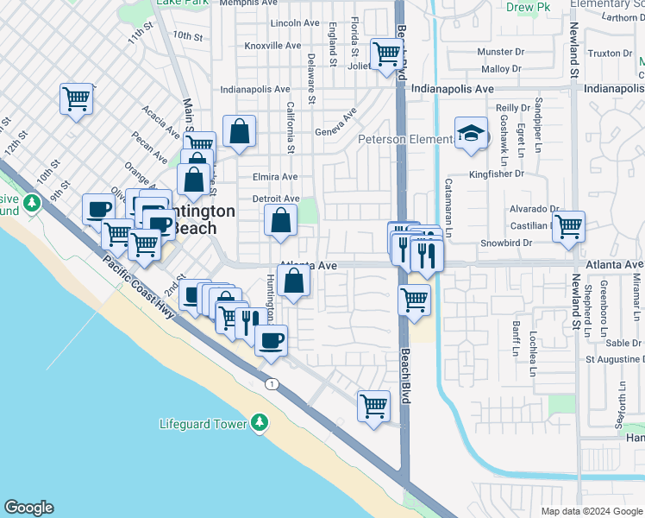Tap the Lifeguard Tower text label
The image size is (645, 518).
click(204, 424)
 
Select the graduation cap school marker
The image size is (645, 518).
click(470, 134)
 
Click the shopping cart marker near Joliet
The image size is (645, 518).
click(387, 54)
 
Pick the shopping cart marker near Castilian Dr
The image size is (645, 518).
click(568, 227)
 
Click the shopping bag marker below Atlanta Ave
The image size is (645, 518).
click(294, 281)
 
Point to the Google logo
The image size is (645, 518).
click(28, 508)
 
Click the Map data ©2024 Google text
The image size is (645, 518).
click(590, 511)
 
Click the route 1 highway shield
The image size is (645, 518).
click(273, 383)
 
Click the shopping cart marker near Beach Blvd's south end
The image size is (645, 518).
click(373, 404)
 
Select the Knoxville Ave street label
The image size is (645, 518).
click(272, 45)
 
